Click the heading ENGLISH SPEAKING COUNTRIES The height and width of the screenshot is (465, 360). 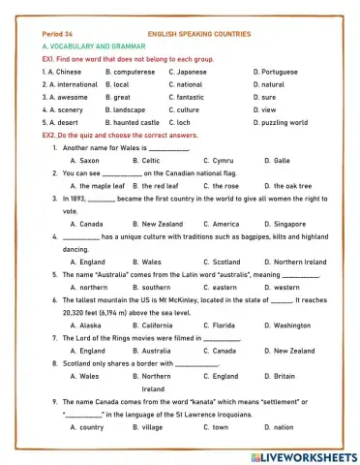pos(199,34)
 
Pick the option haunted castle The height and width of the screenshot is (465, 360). pos(136,123)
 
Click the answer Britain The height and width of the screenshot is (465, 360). pos(285,376)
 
